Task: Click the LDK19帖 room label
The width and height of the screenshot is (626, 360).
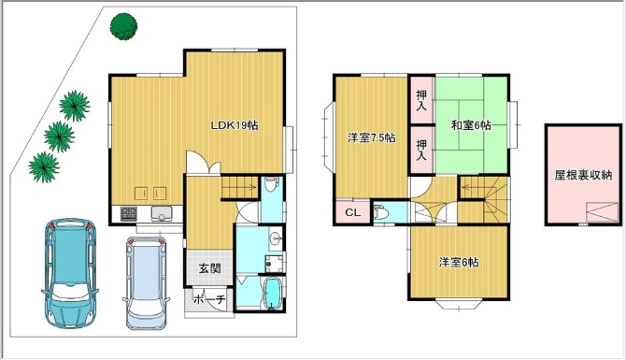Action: click(235, 125)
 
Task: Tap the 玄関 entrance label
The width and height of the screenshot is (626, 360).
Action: click(209, 268)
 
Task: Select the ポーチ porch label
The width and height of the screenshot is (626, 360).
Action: click(209, 299)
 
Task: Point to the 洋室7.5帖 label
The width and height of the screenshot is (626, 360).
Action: click(371, 138)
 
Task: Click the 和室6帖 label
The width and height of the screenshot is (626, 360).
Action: click(471, 125)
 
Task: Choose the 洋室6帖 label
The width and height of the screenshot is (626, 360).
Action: click(459, 262)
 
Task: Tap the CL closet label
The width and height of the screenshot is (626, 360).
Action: click(352, 212)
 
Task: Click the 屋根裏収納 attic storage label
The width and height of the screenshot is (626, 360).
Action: click(583, 175)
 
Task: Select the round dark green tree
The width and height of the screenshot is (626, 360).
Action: click(123, 26)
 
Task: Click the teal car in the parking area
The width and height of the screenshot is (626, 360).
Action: click(70, 273)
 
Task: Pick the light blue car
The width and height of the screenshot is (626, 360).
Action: click(146, 283)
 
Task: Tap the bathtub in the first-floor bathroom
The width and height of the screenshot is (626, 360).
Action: click(273, 294)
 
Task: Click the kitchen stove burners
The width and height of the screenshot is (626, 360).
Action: click(129, 214)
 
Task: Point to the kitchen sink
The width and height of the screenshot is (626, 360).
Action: click(162, 214)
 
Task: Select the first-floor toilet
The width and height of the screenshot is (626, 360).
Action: click(272, 186)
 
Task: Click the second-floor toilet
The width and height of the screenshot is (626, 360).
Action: click(381, 212)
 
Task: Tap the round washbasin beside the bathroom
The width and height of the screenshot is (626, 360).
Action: click(276, 239)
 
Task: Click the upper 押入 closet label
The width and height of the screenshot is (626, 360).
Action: click(421, 100)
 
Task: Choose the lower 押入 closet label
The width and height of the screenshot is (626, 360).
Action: click(421, 150)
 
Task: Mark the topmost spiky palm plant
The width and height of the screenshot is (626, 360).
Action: click(74, 106)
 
